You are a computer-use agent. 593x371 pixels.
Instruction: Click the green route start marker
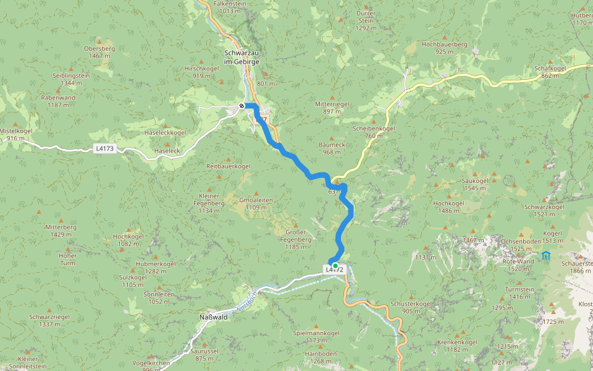point(335,266)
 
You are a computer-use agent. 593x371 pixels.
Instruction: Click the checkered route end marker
point(242,106)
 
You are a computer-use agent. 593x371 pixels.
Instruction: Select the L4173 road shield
point(106,148)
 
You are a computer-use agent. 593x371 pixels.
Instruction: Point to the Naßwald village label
point(213,317)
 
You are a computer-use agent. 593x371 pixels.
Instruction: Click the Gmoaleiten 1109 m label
point(256,203)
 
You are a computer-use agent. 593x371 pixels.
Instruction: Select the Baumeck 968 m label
point(332,148)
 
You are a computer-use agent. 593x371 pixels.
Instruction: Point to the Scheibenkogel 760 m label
point(374,132)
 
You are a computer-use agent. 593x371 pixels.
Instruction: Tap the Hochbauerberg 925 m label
point(444,48)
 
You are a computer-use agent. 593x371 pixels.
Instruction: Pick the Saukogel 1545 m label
point(475,184)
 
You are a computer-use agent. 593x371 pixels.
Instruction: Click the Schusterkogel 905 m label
point(411,307)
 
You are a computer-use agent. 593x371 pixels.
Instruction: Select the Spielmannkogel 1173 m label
point(316,336)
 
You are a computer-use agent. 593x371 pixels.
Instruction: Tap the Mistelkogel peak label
point(15,135)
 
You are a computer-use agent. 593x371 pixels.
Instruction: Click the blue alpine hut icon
point(545,255)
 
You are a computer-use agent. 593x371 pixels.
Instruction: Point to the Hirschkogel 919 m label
point(201,72)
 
